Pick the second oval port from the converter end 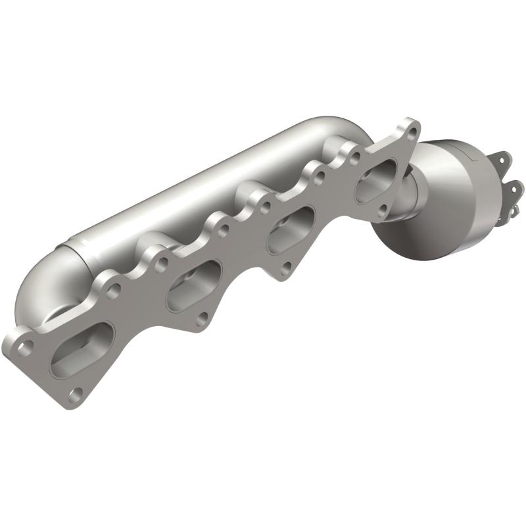point(290,231)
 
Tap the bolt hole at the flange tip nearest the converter point(412,131)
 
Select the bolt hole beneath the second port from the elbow point(201,320)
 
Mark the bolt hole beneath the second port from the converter point(287,268)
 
